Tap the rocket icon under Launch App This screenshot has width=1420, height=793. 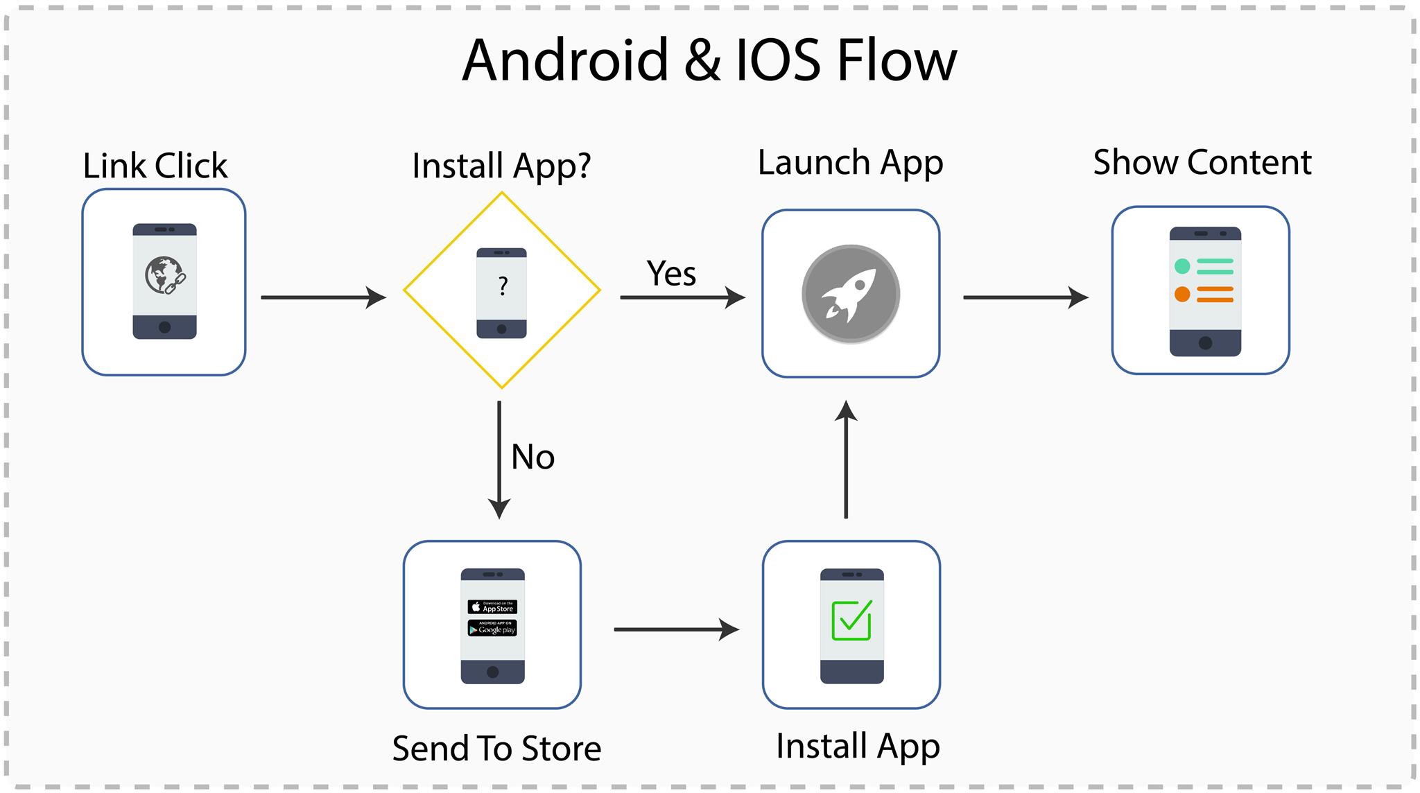pos(851,294)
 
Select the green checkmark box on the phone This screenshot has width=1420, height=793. pos(851,620)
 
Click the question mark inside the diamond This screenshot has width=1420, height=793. pos(503,286)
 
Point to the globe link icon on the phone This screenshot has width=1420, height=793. pos(164,275)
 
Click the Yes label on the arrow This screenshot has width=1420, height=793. pos(671,273)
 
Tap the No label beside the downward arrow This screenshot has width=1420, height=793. pos(532,458)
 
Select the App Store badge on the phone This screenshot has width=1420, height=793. pos(492,607)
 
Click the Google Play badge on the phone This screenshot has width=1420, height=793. pos(492,629)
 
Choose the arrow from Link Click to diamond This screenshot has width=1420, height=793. pos(323,297)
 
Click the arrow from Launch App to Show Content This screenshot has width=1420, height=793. pos(1025,297)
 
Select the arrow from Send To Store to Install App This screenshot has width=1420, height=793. pos(676,629)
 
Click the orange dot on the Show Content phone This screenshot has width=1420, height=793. pos(1182,294)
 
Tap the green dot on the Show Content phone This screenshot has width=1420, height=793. pos(1182,266)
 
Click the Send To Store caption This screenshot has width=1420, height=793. pos(496,749)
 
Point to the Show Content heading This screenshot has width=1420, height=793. pos(1202,163)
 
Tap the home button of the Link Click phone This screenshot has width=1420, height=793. pos(164,327)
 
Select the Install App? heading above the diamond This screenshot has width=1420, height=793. pos(501,166)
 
